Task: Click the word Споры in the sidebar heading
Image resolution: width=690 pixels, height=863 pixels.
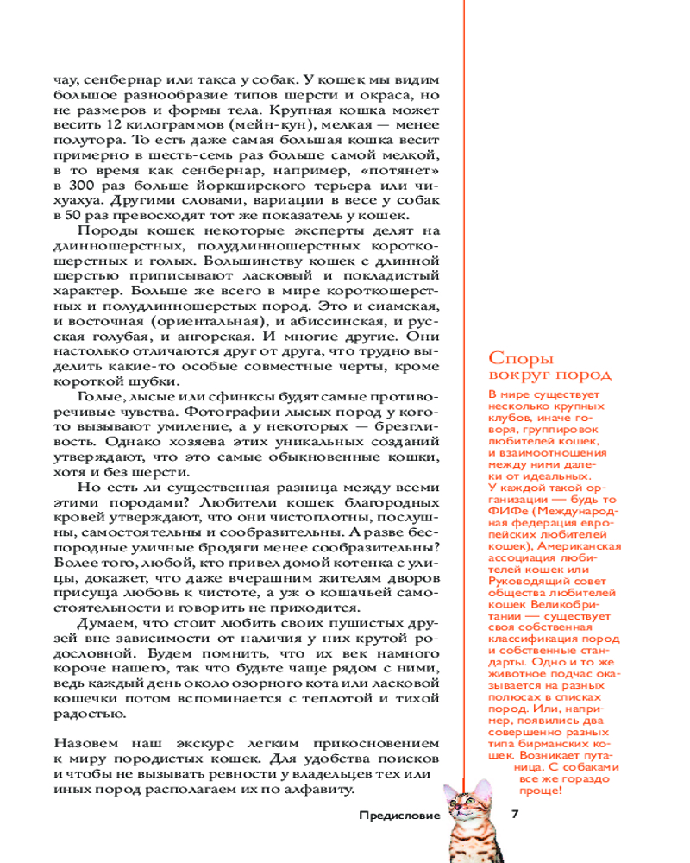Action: click(521, 358)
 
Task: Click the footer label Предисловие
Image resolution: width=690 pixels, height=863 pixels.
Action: click(399, 815)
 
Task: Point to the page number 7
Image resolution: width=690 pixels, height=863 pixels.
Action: click(515, 814)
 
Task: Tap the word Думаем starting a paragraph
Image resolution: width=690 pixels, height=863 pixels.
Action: click(108, 623)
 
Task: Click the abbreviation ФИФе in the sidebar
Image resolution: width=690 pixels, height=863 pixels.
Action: click(507, 511)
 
